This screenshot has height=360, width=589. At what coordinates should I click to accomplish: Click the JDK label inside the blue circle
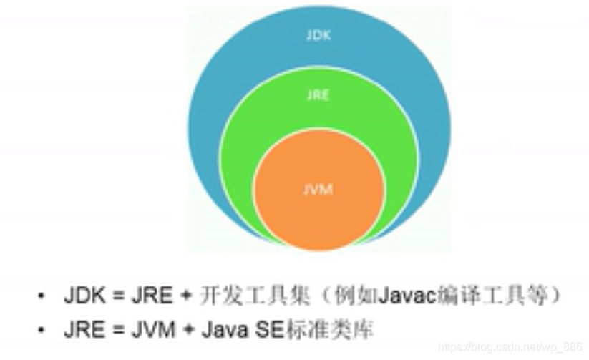coord(318,35)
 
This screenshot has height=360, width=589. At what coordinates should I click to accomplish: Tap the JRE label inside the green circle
coord(318,94)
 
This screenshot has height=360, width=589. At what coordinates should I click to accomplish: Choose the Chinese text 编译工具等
coord(479,295)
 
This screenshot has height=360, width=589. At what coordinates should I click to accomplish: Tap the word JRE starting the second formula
coord(80,330)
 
